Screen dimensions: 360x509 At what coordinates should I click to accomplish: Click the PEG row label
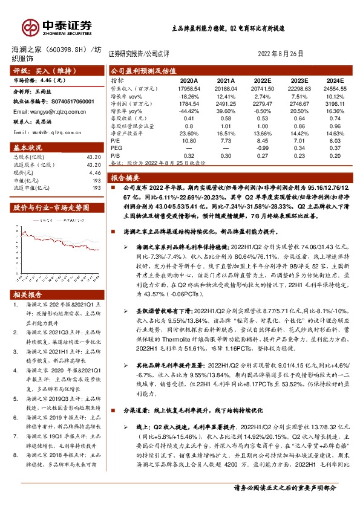point(117,148)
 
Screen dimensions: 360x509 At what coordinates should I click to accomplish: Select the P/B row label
point(117,155)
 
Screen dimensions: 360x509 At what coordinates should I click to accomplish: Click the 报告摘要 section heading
point(125,178)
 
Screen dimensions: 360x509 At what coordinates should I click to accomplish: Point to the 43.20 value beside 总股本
point(93,158)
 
